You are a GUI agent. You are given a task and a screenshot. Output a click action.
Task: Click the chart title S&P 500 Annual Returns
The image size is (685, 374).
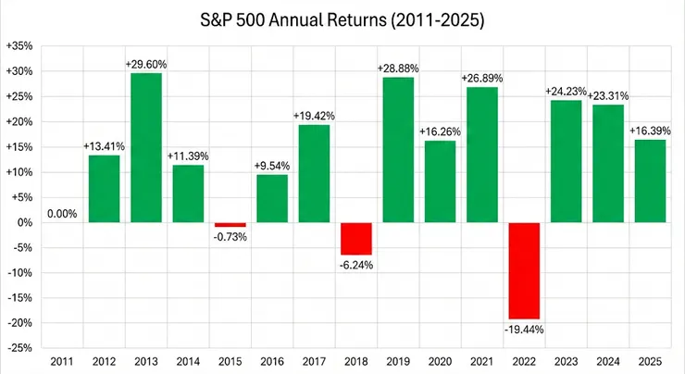(x=343, y=18)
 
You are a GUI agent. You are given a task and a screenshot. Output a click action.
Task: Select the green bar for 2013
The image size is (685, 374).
(x=146, y=147)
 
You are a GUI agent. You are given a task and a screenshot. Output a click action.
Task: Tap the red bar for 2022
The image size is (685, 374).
(x=524, y=270)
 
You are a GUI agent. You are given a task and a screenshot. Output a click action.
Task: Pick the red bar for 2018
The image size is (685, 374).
(x=356, y=238)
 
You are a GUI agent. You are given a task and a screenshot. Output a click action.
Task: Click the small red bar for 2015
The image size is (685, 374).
(x=230, y=225)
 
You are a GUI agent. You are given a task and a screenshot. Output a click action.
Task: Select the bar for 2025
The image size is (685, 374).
(x=650, y=181)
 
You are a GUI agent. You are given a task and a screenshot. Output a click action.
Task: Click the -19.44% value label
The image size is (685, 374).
(x=524, y=329)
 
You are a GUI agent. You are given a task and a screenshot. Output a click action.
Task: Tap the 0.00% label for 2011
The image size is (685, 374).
(x=61, y=214)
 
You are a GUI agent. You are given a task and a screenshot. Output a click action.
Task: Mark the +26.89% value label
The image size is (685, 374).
(x=481, y=78)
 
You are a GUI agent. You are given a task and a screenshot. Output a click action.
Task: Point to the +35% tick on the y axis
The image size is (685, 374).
(x=19, y=45)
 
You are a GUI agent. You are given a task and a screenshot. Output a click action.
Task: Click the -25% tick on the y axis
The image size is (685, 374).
(x=19, y=348)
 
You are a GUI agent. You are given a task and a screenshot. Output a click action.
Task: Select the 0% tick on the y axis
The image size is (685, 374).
(x=25, y=222)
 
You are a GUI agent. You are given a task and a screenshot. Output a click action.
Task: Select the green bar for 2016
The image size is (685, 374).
(x=272, y=198)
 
